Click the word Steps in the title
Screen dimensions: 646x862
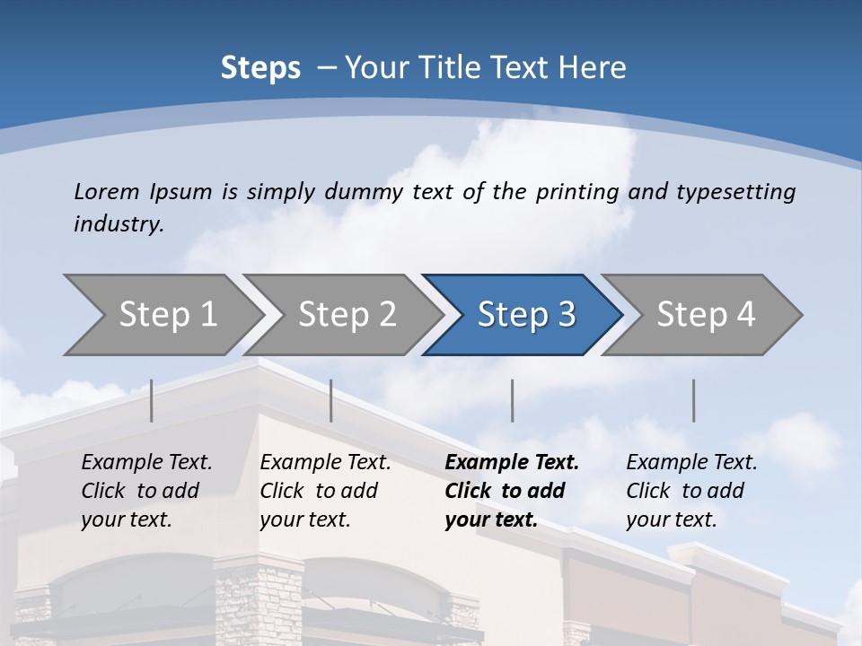click(260, 68)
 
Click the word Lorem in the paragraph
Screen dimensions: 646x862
click(106, 191)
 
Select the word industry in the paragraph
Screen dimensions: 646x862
click(118, 223)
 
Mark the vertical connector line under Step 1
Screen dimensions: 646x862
click(152, 400)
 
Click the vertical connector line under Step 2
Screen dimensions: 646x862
click(331, 400)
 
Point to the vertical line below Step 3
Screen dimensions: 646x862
click(513, 400)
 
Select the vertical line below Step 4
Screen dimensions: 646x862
click(694, 400)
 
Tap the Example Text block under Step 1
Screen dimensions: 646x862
click(146, 491)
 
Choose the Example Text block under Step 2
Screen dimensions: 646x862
click(325, 491)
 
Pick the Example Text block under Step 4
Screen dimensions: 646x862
click(691, 491)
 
